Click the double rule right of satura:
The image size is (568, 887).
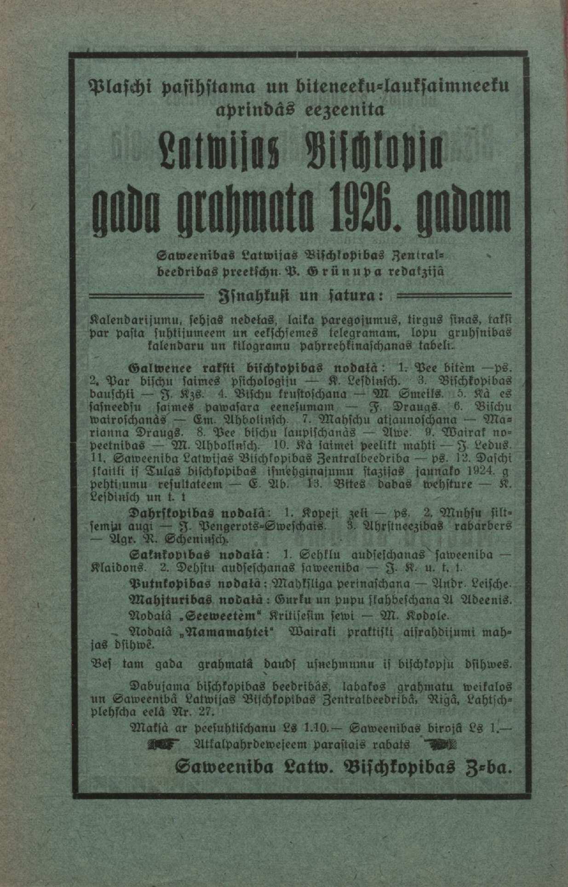click(453, 295)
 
